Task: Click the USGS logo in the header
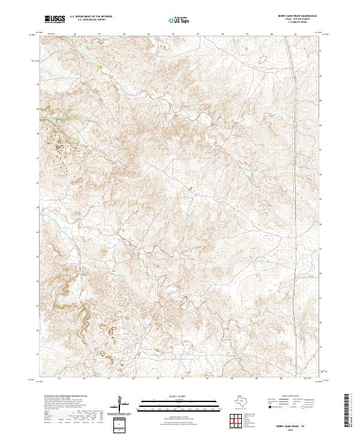coord(55,20)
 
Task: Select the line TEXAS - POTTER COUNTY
coord(293,20)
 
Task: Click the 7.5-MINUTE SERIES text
coord(293,23)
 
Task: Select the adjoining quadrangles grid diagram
coord(238,419)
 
